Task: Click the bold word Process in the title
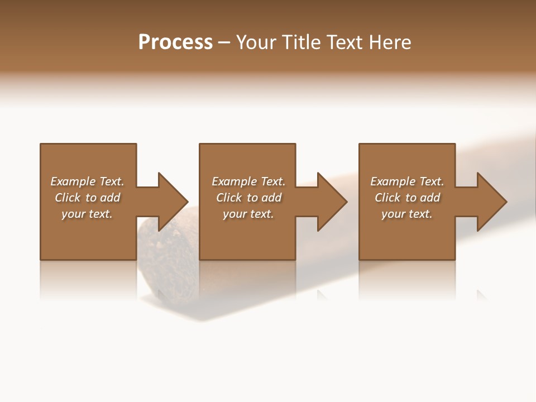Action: click(x=175, y=42)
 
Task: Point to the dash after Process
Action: click(x=224, y=42)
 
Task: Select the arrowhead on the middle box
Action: click(x=332, y=202)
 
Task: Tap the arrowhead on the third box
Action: click(x=491, y=202)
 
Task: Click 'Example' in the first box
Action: click(x=73, y=181)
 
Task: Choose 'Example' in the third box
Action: click(x=393, y=181)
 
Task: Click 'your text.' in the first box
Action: click(x=87, y=214)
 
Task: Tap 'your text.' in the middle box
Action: click(x=248, y=214)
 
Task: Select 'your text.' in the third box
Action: click(x=407, y=214)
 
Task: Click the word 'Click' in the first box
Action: click(x=68, y=198)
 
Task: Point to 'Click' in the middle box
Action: click(x=229, y=198)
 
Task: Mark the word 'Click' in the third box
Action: click(x=387, y=198)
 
